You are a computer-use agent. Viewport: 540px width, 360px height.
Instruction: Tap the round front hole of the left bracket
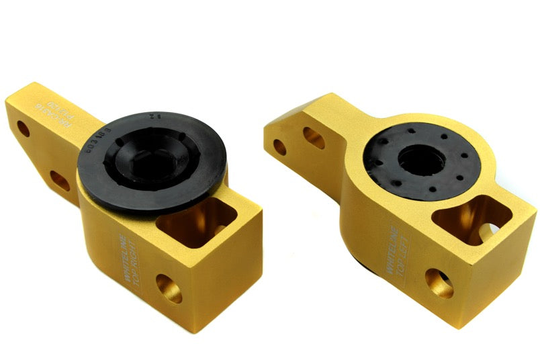169,288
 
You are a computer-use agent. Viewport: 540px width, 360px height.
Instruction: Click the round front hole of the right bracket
439,283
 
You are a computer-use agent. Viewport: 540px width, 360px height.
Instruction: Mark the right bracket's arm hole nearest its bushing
313,138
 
